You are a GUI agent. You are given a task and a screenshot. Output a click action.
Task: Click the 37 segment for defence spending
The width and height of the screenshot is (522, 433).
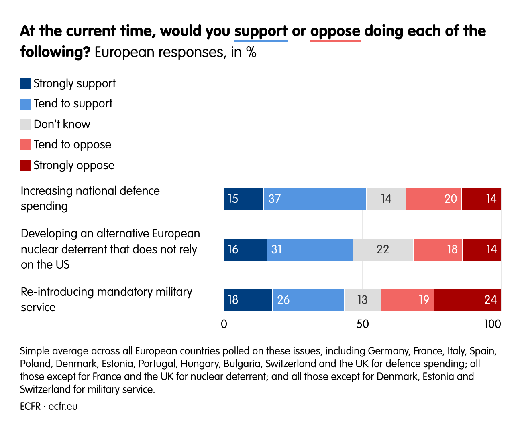pos(315,199)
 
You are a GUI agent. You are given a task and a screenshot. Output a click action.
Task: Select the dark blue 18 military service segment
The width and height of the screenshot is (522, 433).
pos(248,300)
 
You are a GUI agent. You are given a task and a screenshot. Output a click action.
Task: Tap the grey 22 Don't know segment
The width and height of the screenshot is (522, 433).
pos(383,250)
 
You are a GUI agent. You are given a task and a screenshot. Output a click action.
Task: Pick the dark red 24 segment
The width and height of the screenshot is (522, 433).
pos(467,300)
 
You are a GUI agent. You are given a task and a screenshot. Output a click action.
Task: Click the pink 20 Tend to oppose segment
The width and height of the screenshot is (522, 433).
pos(433,199)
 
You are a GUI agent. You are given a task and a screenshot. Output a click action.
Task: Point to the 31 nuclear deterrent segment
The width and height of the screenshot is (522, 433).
pos(310,250)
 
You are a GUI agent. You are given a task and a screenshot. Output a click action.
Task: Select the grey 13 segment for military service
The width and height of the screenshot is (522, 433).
pos(362,300)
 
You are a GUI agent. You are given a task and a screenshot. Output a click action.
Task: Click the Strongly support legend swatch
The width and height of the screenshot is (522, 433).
pos(26,83)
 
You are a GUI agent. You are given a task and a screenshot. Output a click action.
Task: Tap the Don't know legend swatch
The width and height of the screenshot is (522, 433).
pos(26,124)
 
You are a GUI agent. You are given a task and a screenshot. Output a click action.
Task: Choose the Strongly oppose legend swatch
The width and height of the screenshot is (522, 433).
pos(26,165)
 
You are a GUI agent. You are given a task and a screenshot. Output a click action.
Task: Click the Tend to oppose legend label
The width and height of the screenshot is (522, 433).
pos(72,144)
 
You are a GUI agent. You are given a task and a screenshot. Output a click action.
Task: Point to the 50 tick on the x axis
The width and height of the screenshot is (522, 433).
pos(362,324)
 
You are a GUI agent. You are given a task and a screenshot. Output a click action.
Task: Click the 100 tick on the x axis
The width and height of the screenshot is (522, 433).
pos(492,324)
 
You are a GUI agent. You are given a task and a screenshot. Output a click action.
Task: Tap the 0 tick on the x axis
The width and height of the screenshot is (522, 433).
pos(224,324)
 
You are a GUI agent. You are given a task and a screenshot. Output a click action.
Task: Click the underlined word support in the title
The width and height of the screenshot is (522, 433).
pos(261,31)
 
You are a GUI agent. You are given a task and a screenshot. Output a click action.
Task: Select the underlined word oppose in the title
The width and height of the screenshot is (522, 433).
pos(335,31)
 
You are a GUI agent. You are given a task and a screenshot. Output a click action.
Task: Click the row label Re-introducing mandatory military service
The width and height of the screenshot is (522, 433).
pos(106,299)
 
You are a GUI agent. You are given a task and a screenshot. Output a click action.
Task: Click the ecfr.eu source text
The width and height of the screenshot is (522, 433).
pos(63,406)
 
